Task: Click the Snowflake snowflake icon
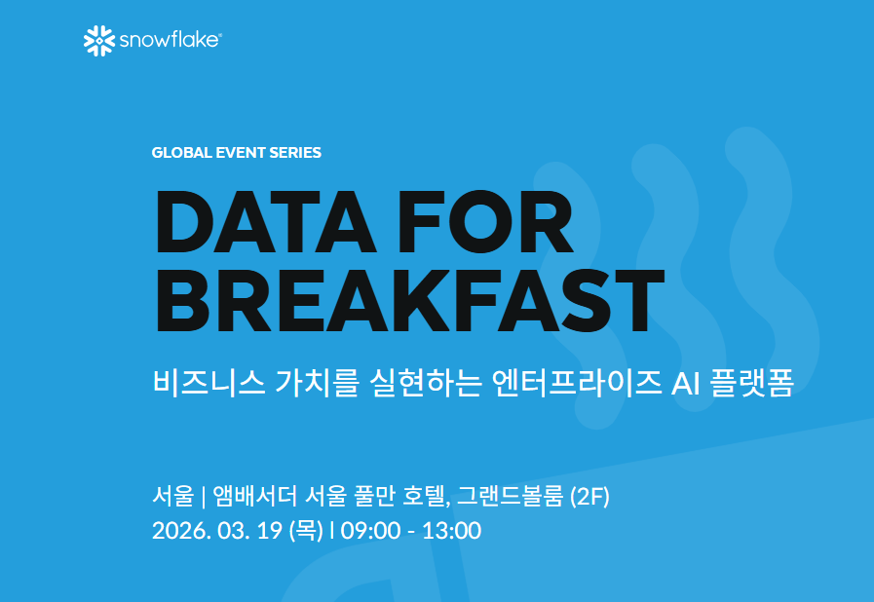click(99, 40)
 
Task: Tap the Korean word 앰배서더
click(254, 497)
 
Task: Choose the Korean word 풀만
click(383, 497)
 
